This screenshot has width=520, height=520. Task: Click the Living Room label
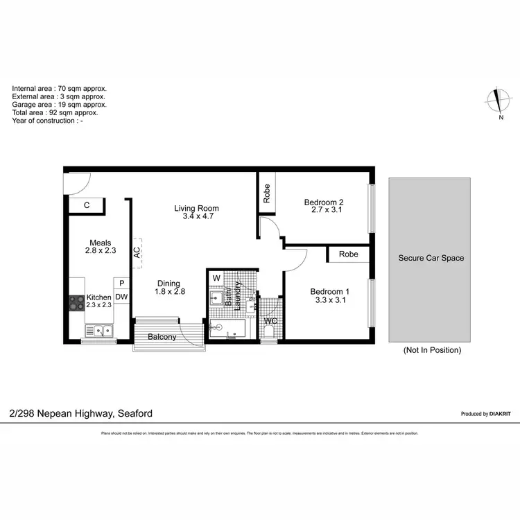click(x=196, y=208)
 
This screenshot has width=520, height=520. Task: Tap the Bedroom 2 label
click(x=324, y=202)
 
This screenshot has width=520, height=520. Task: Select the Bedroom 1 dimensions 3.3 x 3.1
click(x=329, y=301)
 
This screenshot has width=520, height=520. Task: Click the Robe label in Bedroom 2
click(x=267, y=192)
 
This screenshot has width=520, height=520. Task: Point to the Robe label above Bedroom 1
click(x=349, y=254)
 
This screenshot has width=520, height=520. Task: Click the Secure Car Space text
click(x=431, y=258)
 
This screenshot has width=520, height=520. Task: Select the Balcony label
click(x=162, y=338)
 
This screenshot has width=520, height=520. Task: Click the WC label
click(x=270, y=321)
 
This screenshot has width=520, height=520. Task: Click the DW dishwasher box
click(x=121, y=297)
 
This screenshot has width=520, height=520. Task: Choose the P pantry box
click(x=121, y=283)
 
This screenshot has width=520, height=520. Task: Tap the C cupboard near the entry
click(x=87, y=205)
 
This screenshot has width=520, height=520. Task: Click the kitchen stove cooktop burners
click(x=76, y=303)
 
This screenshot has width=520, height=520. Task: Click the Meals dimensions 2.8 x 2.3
click(x=101, y=252)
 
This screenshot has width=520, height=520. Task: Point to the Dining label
click(x=168, y=283)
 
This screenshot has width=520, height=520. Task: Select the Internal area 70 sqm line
click(x=59, y=89)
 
